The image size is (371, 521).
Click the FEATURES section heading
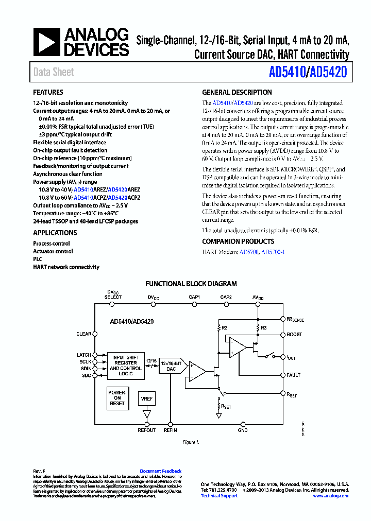tap(48, 93)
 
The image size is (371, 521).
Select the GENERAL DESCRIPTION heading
tap(237, 93)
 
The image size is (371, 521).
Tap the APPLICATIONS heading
tap(55, 233)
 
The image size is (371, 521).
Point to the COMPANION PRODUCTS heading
tap(238, 241)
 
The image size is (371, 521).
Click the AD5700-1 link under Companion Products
tap(273, 252)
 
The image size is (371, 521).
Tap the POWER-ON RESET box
tap(117, 398)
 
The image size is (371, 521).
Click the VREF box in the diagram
tap(147, 399)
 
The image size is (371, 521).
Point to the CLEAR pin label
tap(83, 334)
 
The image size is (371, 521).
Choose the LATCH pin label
tap(83, 355)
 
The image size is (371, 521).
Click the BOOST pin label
tap(294, 335)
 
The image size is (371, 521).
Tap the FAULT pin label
tap(294, 375)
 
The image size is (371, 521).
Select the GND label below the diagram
tap(243, 430)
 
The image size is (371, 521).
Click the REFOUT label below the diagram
tap(147, 430)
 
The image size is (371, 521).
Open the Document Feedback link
tap(161, 471)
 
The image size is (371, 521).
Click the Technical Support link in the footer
tap(219, 496)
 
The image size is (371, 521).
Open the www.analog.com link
tap(330, 496)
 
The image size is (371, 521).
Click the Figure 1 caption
tap(191, 442)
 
